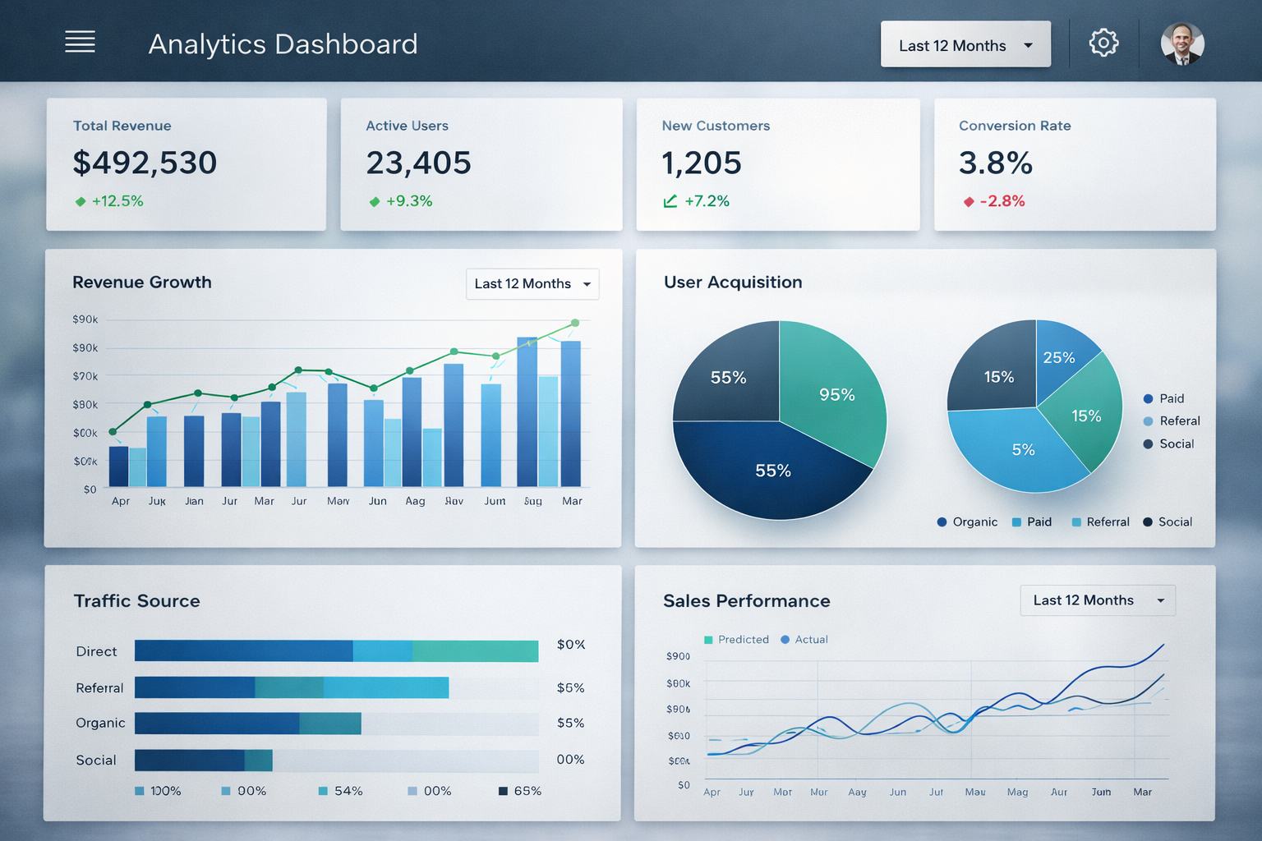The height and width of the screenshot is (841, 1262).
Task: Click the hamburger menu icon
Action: [80, 42]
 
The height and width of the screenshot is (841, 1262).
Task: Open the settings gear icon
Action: [1103, 43]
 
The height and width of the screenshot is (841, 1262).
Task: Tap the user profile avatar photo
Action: [1182, 44]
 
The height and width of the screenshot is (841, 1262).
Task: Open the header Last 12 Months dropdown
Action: [965, 45]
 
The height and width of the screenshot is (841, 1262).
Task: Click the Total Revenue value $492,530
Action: [145, 163]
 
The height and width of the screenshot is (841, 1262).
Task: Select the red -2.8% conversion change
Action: [1002, 201]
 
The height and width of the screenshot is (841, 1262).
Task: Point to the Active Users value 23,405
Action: [418, 163]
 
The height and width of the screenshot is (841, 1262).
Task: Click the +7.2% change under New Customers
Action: [707, 201]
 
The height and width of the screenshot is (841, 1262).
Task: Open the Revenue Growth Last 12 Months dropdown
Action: [532, 284]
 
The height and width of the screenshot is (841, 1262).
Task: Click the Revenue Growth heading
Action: [142, 283]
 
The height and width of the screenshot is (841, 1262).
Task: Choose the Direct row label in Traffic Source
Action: [96, 651]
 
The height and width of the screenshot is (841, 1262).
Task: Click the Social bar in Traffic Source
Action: [203, 761]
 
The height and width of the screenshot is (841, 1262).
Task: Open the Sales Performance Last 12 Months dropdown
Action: [1098, 600]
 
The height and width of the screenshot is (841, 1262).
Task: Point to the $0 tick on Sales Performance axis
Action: [684, 785]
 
